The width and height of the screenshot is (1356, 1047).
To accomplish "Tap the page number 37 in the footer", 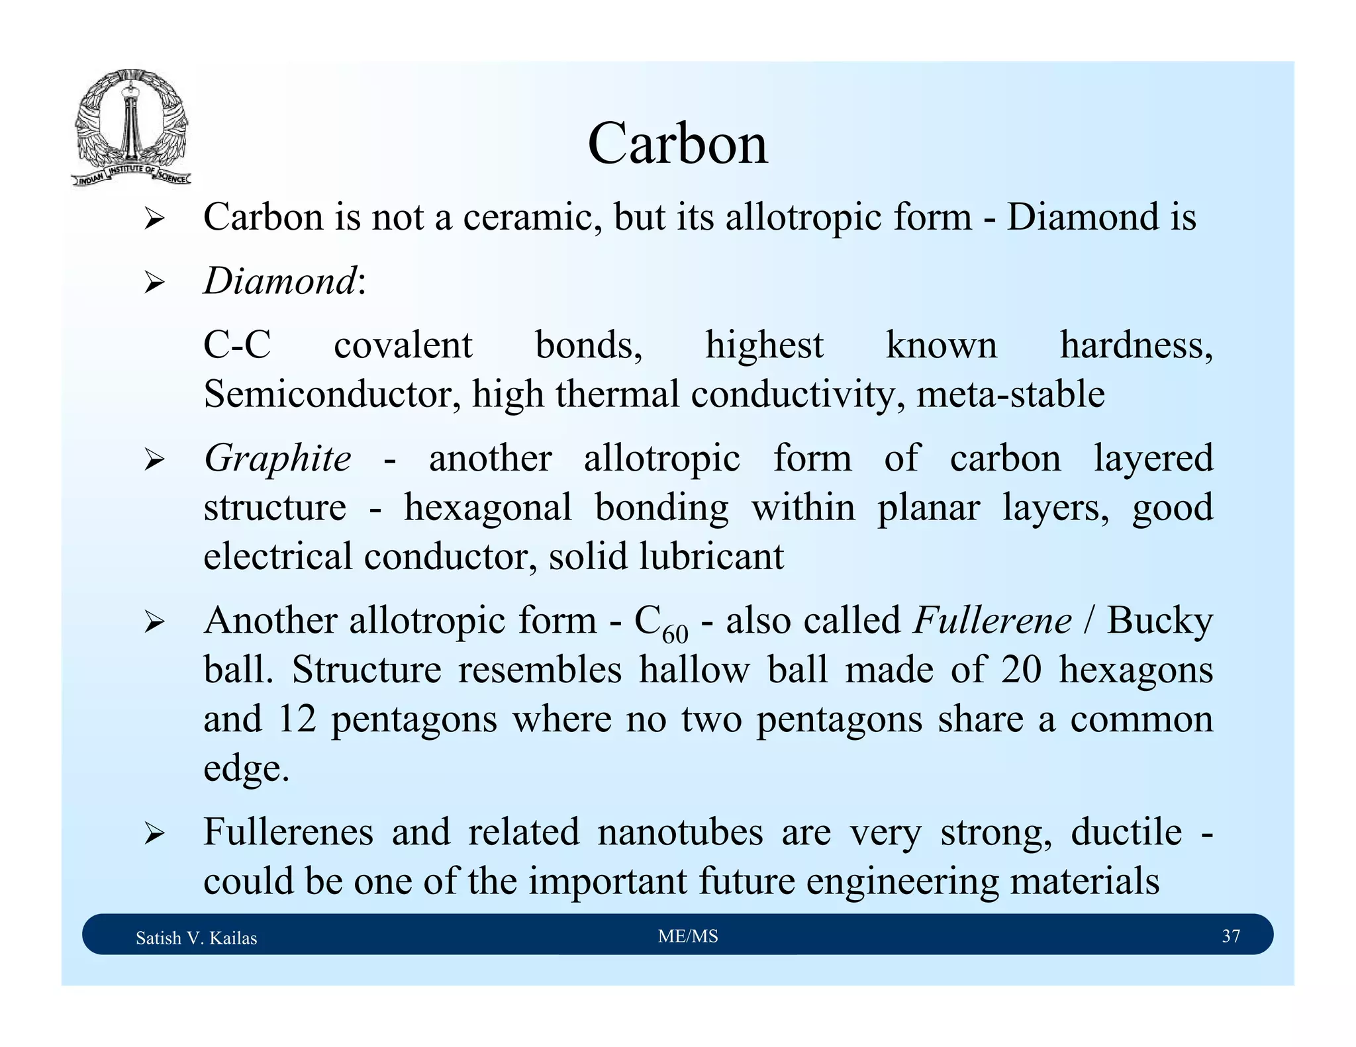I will click(x=1230, y=936).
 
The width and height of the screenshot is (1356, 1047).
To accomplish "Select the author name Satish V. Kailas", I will click(x=196, y=938).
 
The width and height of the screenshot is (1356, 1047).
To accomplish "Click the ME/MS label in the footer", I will click(x=688, y=936).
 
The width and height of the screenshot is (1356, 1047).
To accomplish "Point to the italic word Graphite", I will click(x=277, y=458).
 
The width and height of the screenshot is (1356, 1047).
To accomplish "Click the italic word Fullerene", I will click(x=992, y=621).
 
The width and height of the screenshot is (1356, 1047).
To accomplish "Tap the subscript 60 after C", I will click(x=675, y=634).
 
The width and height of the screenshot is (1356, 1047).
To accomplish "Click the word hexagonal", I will click(x=488, y=508).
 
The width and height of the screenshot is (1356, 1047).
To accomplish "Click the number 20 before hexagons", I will click(x=1021, y=670).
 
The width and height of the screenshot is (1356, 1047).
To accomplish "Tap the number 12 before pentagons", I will click(x=297, y=719).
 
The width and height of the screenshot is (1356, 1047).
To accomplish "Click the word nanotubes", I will click(x=680, y=832).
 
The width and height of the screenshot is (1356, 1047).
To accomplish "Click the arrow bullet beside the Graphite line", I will click(x=154, y=459).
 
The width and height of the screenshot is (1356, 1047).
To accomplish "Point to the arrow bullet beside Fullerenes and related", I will click(x=154, y=833).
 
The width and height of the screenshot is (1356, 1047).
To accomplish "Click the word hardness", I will click(x=1136, y=345).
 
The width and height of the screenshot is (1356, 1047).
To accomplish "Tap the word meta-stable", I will click(x=1010, y=394).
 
